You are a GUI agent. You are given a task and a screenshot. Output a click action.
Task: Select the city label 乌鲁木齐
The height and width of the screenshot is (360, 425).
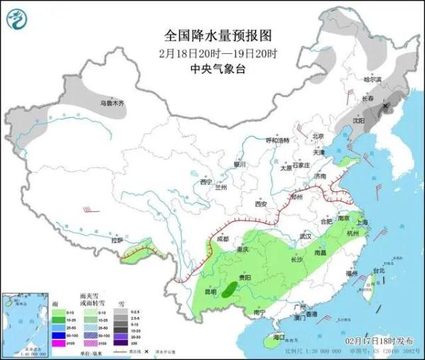pos(110,103)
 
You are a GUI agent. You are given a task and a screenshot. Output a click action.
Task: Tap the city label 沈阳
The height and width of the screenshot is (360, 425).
pos(357,121)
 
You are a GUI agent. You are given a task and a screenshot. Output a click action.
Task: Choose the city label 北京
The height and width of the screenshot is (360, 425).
pos(317,136)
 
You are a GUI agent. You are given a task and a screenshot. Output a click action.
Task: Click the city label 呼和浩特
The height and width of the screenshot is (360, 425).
pos(273,140)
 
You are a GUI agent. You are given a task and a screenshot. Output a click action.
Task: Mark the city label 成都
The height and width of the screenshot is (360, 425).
pos(223,239)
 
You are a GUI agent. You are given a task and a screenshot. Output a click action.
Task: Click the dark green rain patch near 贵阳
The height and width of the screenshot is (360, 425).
pos(229,288)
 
